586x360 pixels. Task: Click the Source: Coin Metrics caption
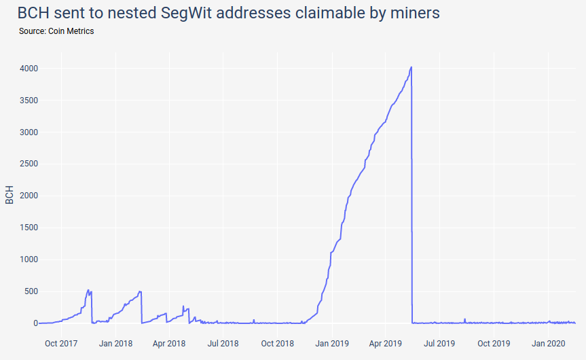[x=56, y=31]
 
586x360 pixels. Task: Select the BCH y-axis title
[x=10, y=195]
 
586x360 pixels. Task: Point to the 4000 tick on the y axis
[x=28, y=69]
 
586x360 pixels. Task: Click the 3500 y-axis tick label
[x=28, y=101]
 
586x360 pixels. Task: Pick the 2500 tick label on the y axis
[x=28, y=164]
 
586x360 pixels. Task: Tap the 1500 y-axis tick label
[x=28, y=228]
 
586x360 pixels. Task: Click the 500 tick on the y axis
[x=30, y=291]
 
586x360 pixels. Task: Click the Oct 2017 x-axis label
[x=61, y=344]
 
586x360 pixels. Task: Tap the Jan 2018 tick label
[x=115, y=344]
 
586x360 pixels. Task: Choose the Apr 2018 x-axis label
[x=168, y=344]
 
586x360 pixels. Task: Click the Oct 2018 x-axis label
[x=277, y=344]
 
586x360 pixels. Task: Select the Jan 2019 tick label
[x=331, y=344]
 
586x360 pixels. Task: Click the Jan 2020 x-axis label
[x=547, y=344]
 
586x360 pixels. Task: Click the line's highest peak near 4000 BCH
[x=411, y=67]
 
